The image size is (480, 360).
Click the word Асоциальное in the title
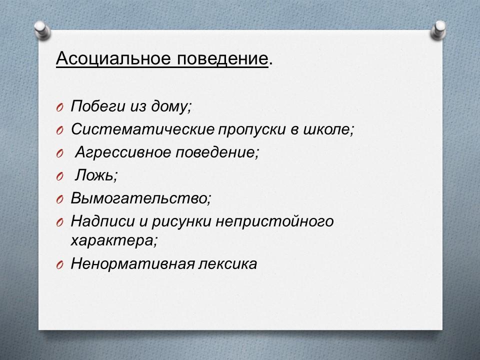point(113,58)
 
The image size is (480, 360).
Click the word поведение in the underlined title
point(222,58)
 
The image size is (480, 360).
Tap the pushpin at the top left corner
point(42,30)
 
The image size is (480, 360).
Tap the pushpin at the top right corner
point(438,30)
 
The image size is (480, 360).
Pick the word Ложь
point(94,175)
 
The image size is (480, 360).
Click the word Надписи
point(102,221)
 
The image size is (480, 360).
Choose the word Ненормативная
point(132,263)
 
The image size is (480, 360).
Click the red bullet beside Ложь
point(59,176)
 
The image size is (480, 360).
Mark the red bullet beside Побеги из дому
point(59,108)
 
